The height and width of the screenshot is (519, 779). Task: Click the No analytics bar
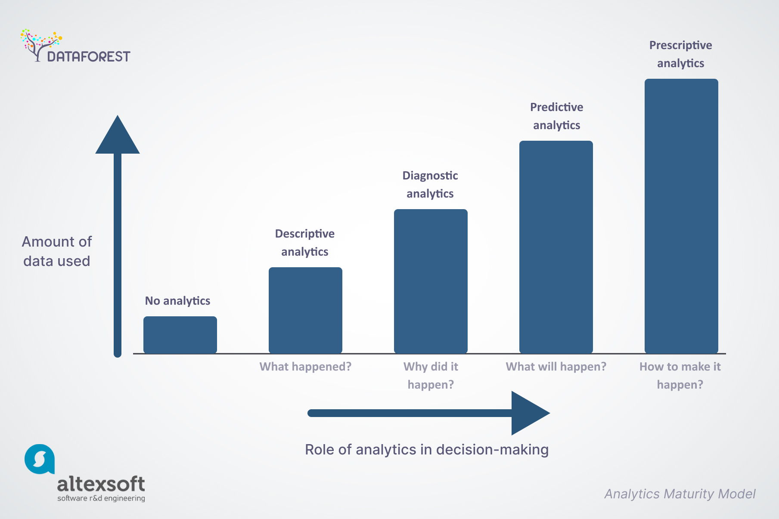(180, 335)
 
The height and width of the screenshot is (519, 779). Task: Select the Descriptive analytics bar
(305, 310)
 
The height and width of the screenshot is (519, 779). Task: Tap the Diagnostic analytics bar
(431, 281)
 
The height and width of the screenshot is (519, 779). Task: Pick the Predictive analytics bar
(556, 247)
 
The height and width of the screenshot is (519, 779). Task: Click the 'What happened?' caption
(305, 367)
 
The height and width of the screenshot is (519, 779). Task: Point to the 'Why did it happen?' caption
(431, 375)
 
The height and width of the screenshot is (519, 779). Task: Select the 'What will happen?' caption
(556, 367)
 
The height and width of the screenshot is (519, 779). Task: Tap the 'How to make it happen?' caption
(680, 375)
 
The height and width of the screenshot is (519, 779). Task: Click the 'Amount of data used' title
(57, 251)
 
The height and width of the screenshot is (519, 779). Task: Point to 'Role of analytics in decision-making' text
(427, 450)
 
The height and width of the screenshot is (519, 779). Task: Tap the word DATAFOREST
(89, 57)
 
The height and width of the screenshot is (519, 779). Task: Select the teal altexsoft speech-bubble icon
(40, 459)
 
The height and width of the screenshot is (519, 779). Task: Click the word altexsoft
(101, 484)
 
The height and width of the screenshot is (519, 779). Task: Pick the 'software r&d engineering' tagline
(101, 498)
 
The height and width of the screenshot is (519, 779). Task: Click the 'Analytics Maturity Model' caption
(680, 494)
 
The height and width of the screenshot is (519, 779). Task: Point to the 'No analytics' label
(177, 301)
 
